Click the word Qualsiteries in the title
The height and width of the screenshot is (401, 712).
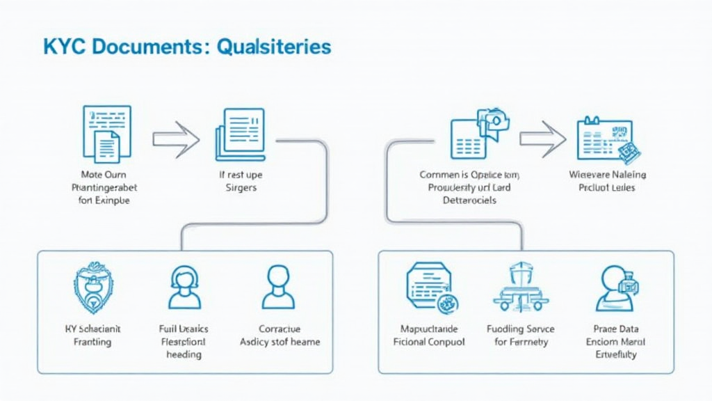(x=274, y=47)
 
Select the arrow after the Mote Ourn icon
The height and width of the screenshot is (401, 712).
(x=176, y=139)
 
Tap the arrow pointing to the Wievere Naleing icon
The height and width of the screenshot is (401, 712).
(x=542, y=139)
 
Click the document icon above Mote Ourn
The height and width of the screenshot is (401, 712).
(x=106, y=134)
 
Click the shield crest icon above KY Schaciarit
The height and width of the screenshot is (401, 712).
(x=94, y=287)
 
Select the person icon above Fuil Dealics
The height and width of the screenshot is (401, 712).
(x=184, y=287)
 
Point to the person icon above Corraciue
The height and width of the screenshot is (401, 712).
(x=278, y=287)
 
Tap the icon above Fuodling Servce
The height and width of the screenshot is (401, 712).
(x=521, y=287)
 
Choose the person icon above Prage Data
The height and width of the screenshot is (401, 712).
(x=615, y=287)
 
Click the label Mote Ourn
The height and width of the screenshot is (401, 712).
(x=104, y=175)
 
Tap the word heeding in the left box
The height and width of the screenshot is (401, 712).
(x=184, y=354)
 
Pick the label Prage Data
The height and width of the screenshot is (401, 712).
(x=616, y=329)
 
